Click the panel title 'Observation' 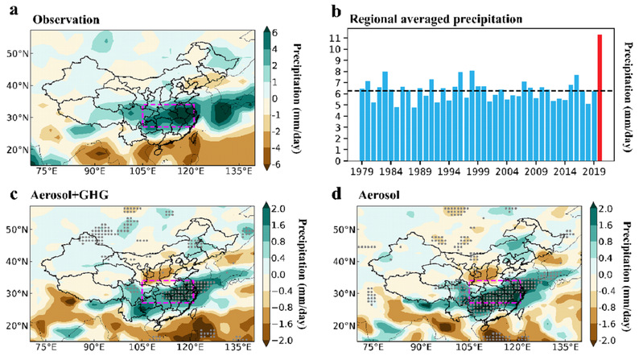(x=61, y=16)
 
